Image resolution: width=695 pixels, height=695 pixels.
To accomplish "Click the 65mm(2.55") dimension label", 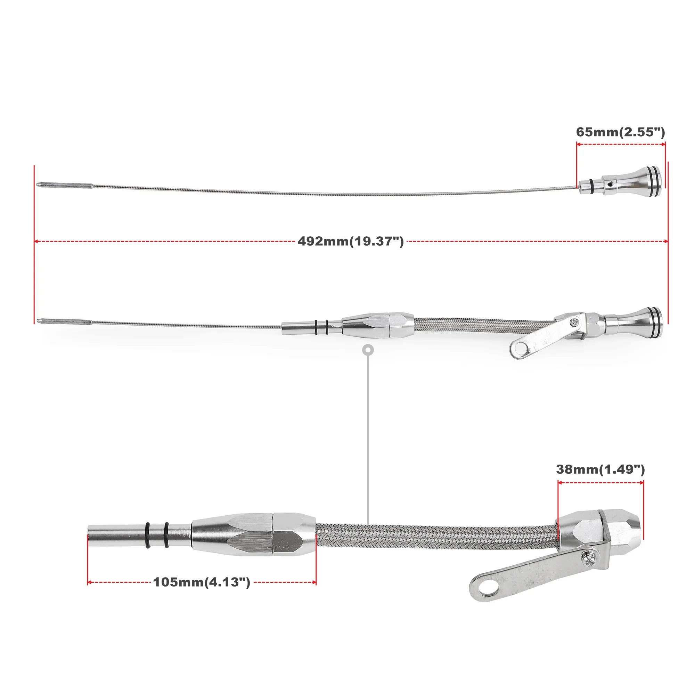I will point(620,132).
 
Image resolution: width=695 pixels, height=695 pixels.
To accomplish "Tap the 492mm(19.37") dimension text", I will point(350,242).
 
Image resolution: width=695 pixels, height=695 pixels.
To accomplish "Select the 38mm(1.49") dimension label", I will point(600,469).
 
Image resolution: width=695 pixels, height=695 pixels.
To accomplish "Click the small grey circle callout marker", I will point(368,350).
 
